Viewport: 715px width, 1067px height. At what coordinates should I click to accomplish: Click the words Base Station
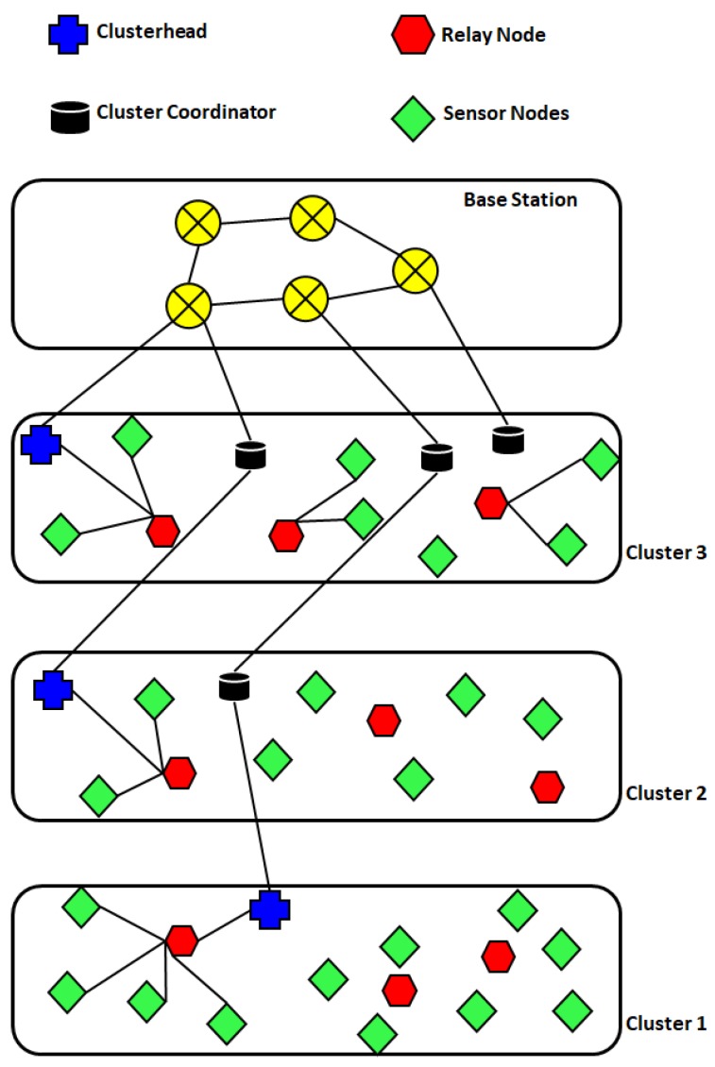point(519,200)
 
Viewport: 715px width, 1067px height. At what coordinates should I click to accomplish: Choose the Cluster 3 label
point(666,552)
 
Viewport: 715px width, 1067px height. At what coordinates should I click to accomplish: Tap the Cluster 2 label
point(666,792)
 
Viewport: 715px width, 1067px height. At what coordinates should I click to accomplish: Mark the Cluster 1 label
point(666,1024)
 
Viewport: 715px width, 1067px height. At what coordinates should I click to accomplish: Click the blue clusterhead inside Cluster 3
point(41,444)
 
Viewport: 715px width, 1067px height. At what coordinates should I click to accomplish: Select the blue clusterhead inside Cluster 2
point(53,689)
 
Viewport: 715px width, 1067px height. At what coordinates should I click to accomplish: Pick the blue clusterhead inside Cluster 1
point(270,909)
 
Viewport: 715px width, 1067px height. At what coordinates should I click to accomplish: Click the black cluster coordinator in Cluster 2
point(230,686)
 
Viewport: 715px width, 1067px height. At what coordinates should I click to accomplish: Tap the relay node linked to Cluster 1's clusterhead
point(181,940)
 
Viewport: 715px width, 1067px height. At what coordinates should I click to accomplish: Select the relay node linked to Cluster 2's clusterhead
point(179,772)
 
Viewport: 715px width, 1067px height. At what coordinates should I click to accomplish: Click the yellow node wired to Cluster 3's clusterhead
point(187,305)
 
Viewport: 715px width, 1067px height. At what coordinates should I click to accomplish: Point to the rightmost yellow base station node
point(416,270)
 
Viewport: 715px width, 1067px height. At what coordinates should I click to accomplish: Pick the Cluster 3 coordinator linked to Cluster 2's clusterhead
point(250,455)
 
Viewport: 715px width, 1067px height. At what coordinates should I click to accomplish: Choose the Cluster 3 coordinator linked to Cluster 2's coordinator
point(436,458)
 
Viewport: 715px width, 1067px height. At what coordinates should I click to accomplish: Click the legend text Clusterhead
point(151,31)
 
